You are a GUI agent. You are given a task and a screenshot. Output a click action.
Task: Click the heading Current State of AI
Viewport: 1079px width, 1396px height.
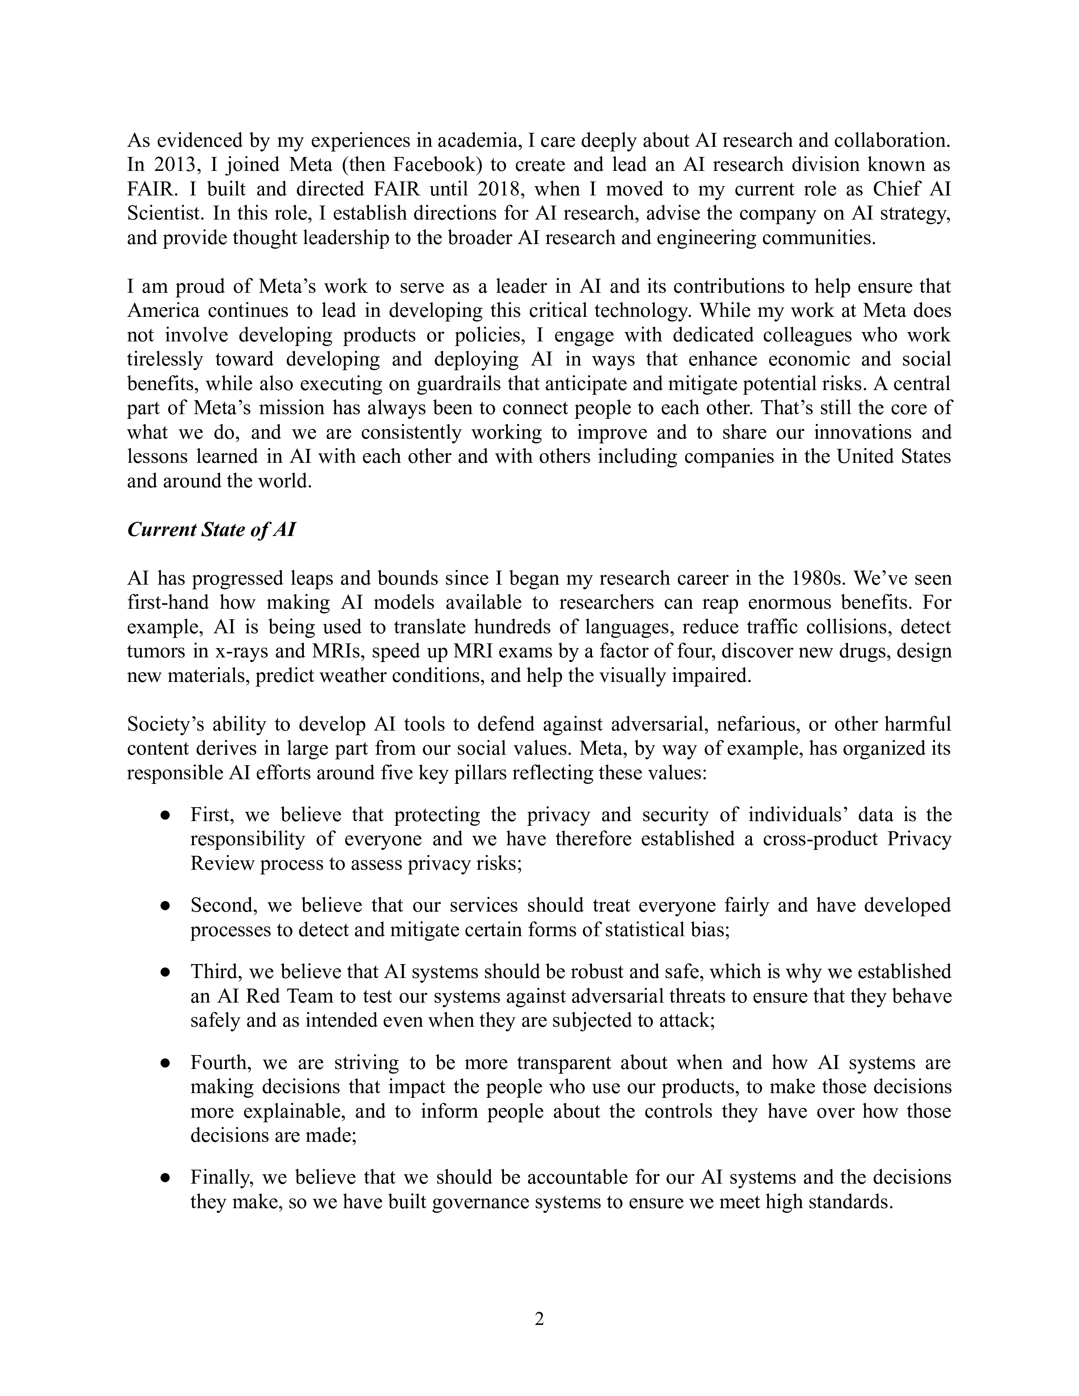(x=211, y=530)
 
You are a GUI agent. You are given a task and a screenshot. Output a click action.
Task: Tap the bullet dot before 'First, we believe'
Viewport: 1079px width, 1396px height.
(x=165, y=816)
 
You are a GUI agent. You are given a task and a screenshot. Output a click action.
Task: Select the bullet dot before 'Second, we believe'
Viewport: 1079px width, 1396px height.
(x=165, y=906)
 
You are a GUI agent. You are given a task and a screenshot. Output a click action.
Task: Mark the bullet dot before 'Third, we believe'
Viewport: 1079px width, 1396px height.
(x=165, y=972)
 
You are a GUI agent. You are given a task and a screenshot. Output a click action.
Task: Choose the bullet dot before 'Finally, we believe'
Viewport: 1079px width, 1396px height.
(x=165, y=1177)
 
